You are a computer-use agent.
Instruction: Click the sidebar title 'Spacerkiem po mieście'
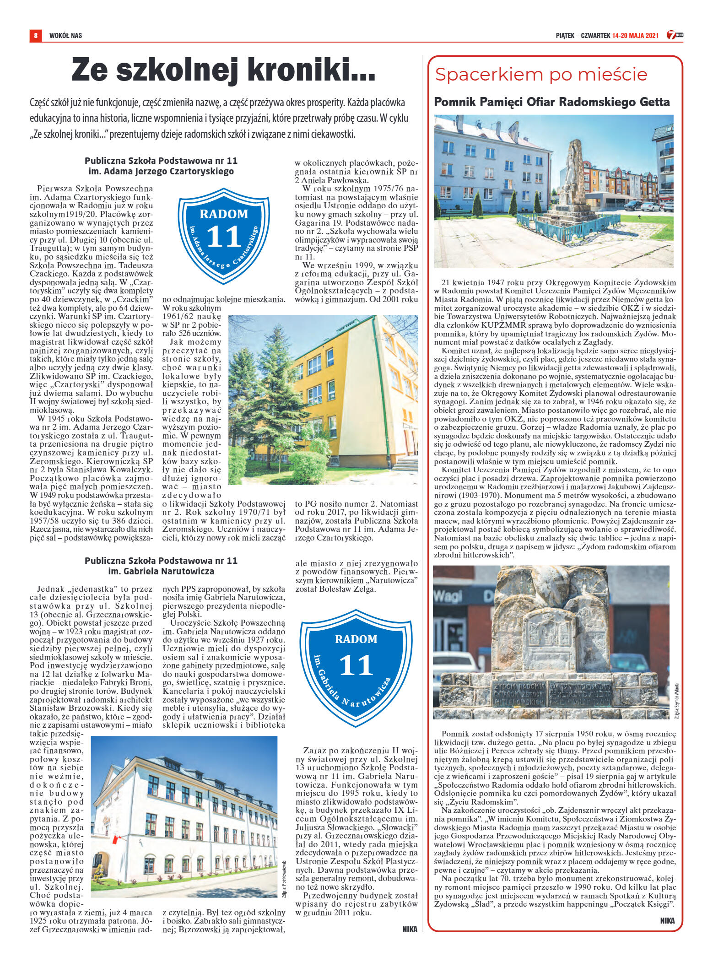pos(541,74)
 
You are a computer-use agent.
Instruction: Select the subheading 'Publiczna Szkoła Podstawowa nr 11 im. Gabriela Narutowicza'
pos(161,566)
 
